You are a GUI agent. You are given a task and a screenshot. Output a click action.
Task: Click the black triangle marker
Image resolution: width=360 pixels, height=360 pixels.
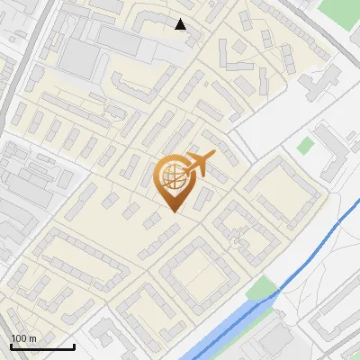181,24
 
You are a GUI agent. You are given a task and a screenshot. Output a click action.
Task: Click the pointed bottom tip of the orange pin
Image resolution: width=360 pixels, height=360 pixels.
172,211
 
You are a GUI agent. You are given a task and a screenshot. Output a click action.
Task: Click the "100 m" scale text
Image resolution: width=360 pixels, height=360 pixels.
23,338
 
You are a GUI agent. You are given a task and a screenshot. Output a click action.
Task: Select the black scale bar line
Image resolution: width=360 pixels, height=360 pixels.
42,346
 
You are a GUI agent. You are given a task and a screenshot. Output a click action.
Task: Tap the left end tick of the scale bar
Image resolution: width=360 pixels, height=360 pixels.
11,345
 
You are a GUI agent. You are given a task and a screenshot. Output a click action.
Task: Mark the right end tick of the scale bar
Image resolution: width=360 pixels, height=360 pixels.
74,345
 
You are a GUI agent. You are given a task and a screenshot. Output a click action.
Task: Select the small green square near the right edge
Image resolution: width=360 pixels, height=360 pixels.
306,144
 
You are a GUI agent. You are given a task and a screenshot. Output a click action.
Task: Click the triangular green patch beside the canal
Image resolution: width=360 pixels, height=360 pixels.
262,290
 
